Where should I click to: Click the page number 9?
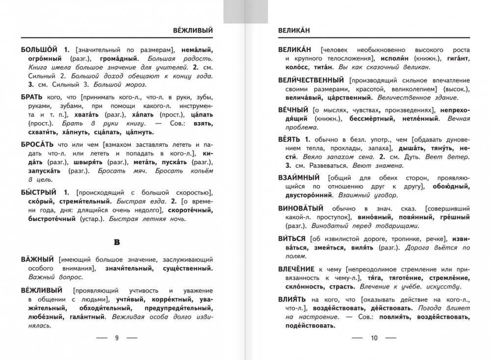(116, 338)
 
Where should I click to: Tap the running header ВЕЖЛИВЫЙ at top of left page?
(193, 30)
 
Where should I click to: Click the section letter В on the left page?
(117, 242)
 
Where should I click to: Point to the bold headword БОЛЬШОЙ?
(40, 50)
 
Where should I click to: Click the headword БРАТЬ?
(32, 98)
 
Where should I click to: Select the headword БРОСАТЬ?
(38, 145)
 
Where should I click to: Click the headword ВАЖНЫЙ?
(38, 259)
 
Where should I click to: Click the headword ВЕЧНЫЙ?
(293, 110)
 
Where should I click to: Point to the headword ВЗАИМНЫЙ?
(299, 178)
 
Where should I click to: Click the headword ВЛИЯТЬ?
(292, 299)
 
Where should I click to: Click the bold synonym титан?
(324, 67)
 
